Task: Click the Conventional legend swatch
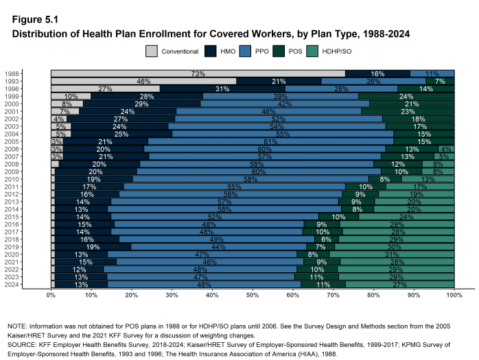click(x=152, y=51)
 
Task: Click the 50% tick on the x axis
click(x=253, y=295)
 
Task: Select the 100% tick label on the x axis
click(x=454, y=295)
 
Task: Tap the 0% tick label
click(x=51, y=295)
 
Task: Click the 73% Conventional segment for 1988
click(x=198, y=73)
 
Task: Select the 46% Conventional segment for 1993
click(x=143, y=81)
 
